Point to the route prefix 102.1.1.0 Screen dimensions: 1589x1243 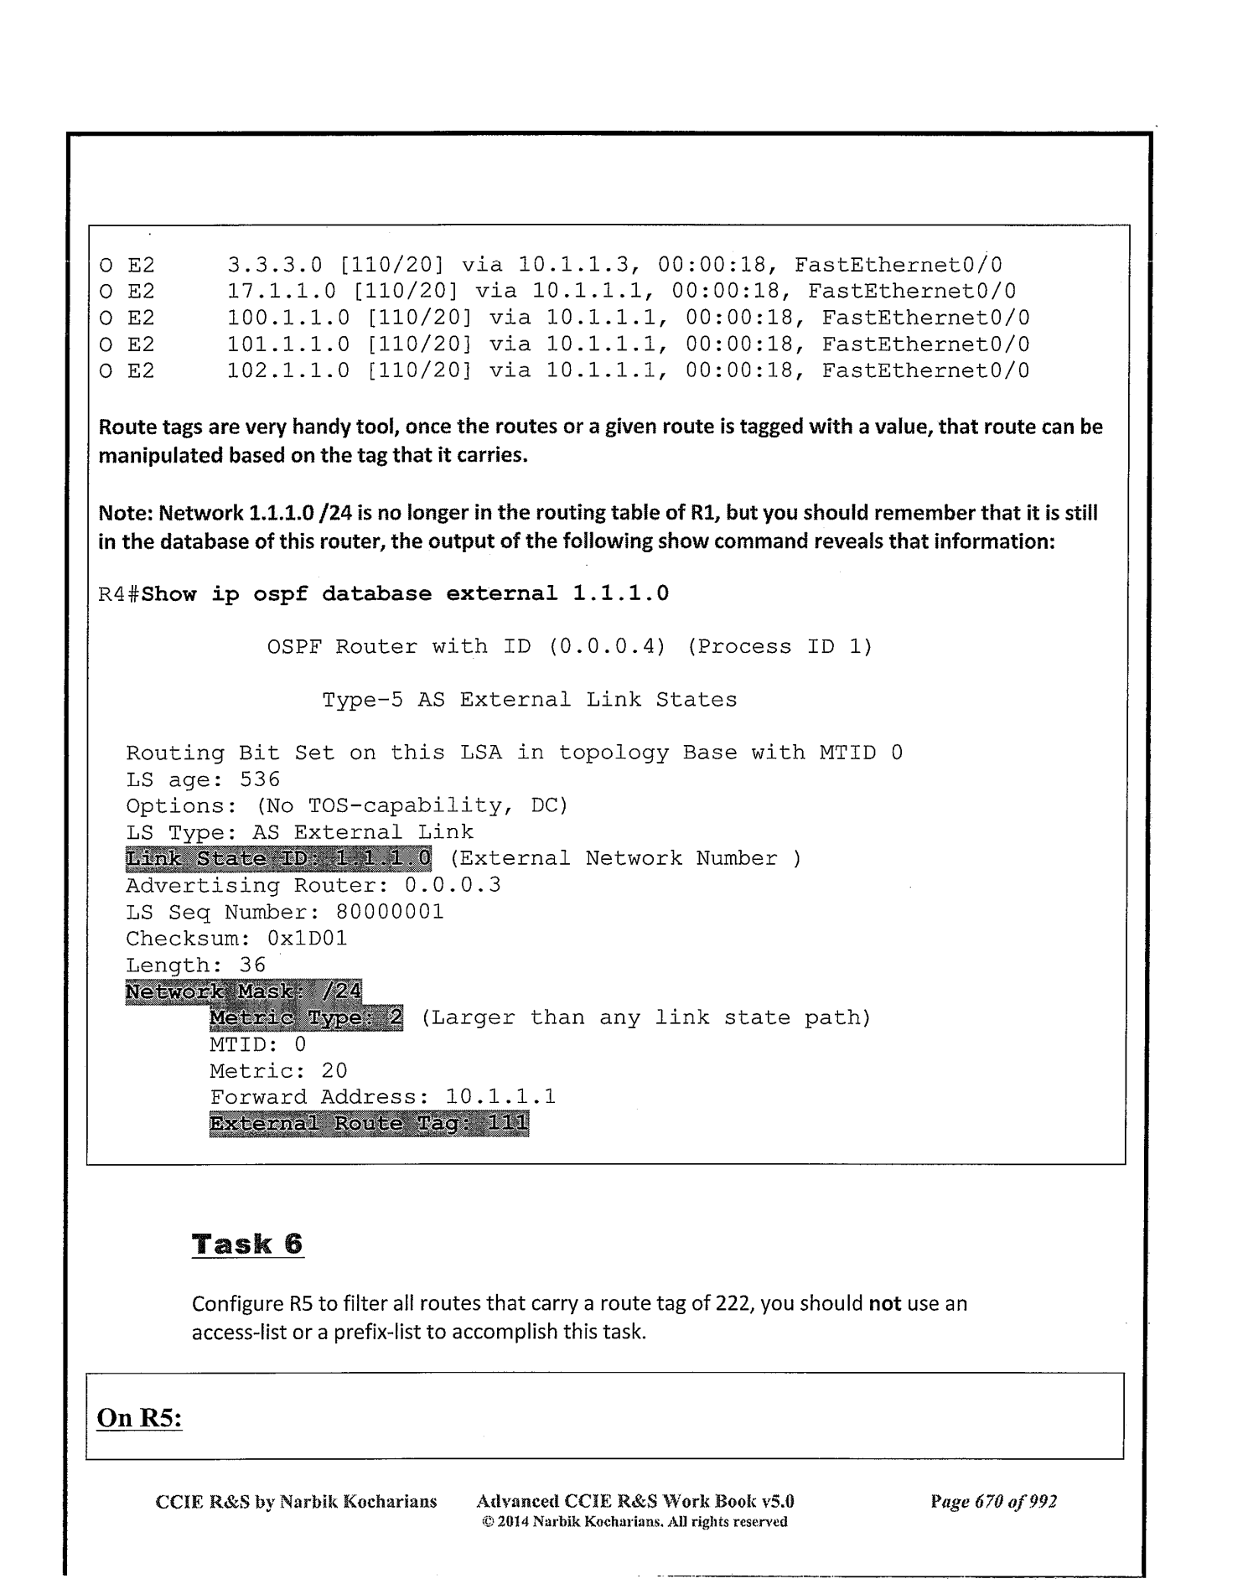coord(288,370)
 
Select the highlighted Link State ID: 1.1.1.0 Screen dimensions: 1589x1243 coord(279,859)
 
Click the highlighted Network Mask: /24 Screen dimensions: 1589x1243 coord(244,992)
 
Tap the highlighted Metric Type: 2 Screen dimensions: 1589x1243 coord(306,1018)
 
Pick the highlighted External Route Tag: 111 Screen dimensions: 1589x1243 coord(369,1124)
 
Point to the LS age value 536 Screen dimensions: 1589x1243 coord(260,779)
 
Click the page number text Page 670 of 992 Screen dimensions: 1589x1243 coord(993,1501)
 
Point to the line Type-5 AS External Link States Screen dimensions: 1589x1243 coord(530,700)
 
